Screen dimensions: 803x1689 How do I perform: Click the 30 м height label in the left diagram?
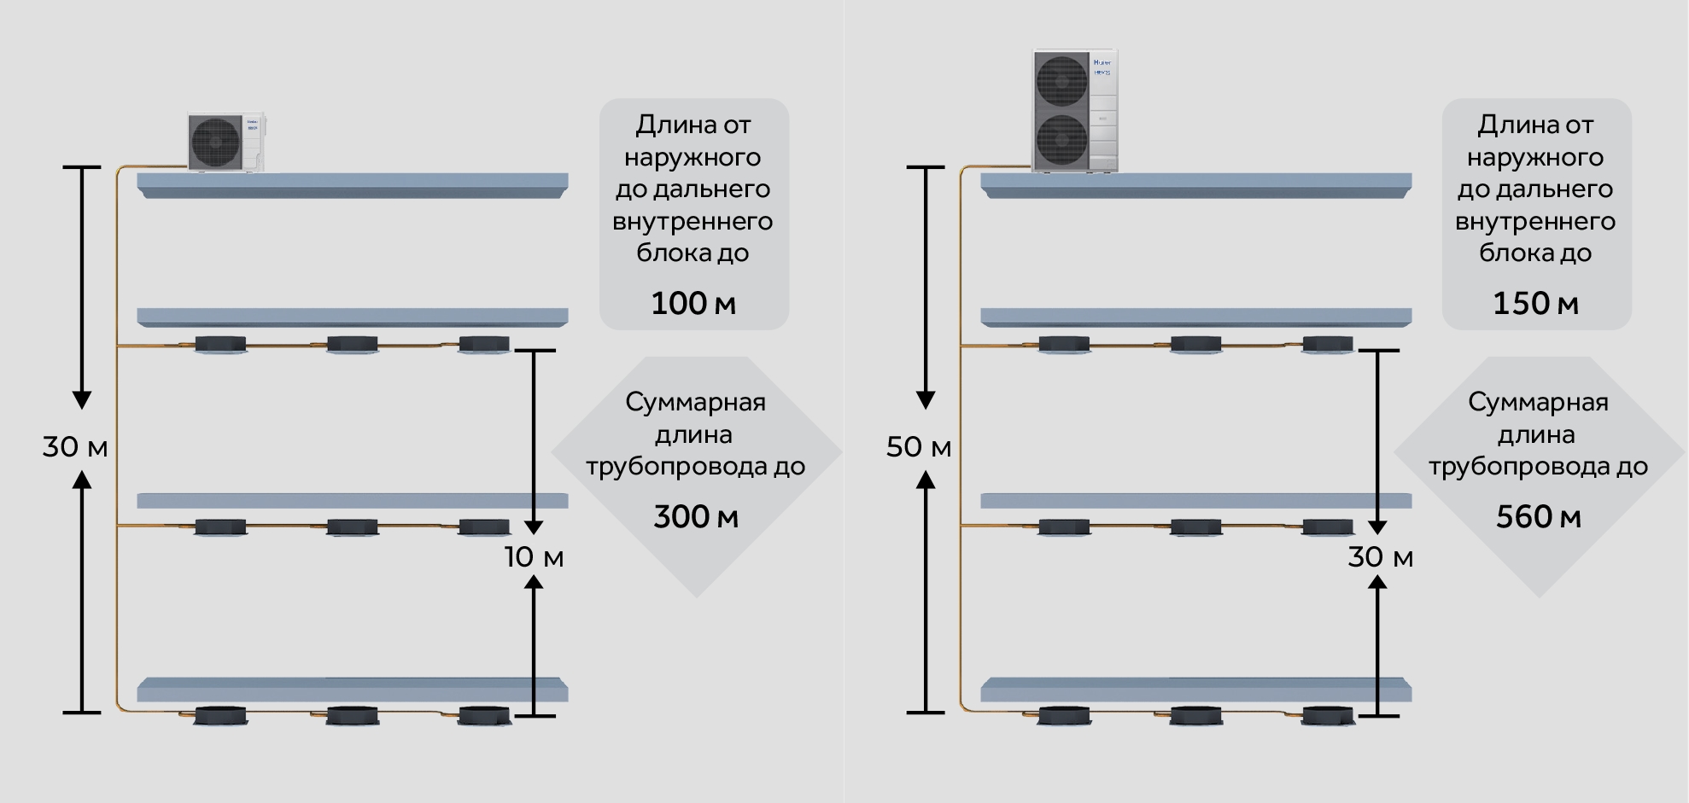coord(75,446)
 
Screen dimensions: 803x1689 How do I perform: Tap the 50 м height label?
coord(919,446)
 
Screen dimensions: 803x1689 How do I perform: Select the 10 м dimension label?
coord(534,556)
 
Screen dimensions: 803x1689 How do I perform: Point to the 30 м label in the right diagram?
coord(1380,556)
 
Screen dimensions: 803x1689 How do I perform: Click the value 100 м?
coord(693,303)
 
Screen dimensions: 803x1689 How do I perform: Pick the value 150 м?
coord(1535,303)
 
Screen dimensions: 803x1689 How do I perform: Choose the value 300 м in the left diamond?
coord(696,516)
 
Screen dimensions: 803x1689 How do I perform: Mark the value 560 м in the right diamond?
coord(1539,516)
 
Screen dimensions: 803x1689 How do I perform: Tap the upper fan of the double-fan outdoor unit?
coord(1061,82)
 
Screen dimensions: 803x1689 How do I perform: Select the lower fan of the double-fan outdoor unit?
coord(1061,138)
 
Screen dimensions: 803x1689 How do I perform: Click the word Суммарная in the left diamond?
coord(695,402)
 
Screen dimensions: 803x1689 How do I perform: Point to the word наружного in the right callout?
coord(1535,157)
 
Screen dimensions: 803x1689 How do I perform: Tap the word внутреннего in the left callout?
coord(693,221)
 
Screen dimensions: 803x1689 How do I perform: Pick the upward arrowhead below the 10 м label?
coord(534,582)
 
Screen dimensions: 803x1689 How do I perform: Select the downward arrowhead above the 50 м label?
coord(926,399)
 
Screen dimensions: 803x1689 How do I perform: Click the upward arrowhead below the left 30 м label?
coord(82,480)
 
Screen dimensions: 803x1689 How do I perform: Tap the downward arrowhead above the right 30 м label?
coord(1377,526)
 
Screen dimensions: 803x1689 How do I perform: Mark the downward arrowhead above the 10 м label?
coord(534,526)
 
